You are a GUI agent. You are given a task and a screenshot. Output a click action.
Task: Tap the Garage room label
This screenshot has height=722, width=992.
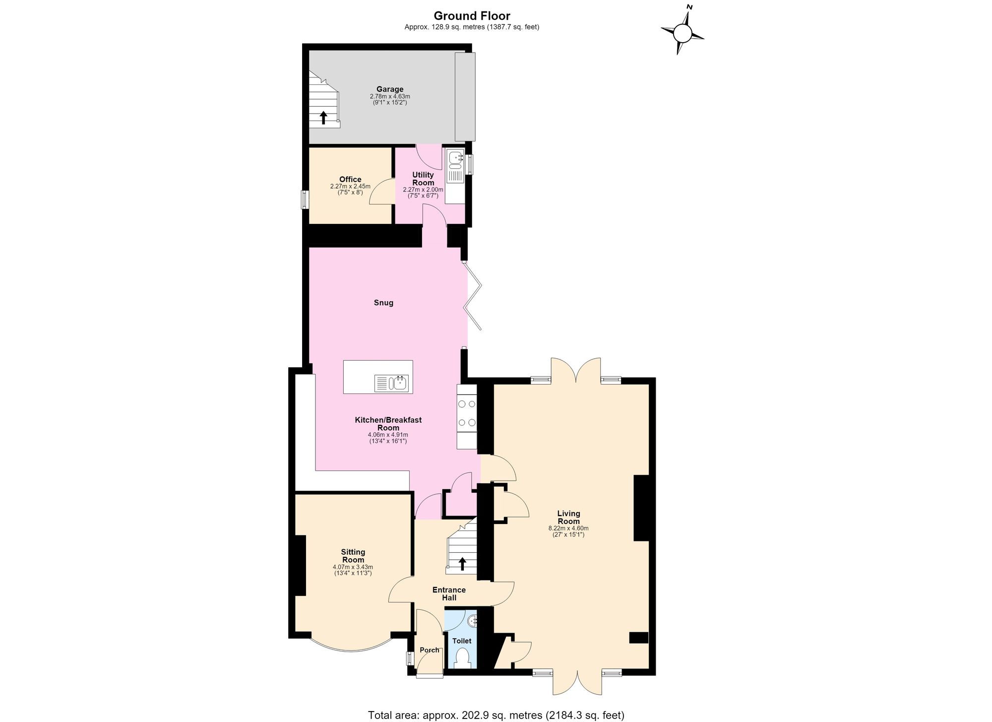tap(390, 89)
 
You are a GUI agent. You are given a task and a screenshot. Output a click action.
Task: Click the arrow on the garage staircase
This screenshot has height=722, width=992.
tap(323, 118)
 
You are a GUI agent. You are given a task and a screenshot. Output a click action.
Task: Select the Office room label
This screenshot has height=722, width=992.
tap(350, 179)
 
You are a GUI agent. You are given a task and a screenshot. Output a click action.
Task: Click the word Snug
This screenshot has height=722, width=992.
tap(383, 303)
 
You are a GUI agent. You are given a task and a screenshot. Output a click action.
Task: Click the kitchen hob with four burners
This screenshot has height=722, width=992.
tap(467, 413)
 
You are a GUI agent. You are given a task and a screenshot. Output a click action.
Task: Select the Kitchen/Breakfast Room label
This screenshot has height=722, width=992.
tap(388, 424)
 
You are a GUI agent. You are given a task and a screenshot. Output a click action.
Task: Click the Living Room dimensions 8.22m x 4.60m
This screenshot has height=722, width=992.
tap(568, 528)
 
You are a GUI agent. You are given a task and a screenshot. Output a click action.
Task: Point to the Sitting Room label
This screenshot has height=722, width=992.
tap(353, 556)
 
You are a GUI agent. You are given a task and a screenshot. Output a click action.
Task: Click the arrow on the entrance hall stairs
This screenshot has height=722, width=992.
tap(462, 564)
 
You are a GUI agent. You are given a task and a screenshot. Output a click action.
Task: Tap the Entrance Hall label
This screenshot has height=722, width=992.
tap(449, 594)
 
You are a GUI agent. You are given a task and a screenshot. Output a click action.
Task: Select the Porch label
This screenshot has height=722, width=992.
tap(430, 650)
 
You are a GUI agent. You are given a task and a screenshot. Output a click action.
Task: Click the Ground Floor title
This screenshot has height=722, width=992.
tap(472, 16)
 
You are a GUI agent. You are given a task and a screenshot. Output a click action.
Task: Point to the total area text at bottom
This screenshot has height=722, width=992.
tap(496, 715)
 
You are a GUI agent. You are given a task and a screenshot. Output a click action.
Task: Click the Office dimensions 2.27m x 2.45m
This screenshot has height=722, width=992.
tap(350, 186)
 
